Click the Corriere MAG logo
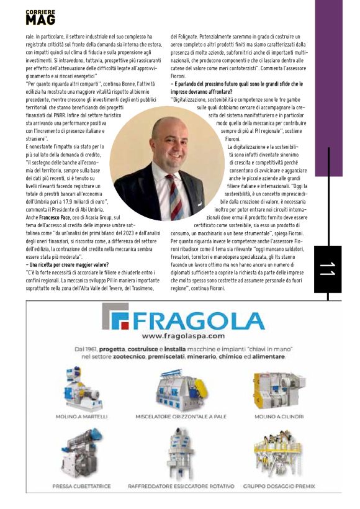point(40,17)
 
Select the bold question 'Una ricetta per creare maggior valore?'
point(69,265)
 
